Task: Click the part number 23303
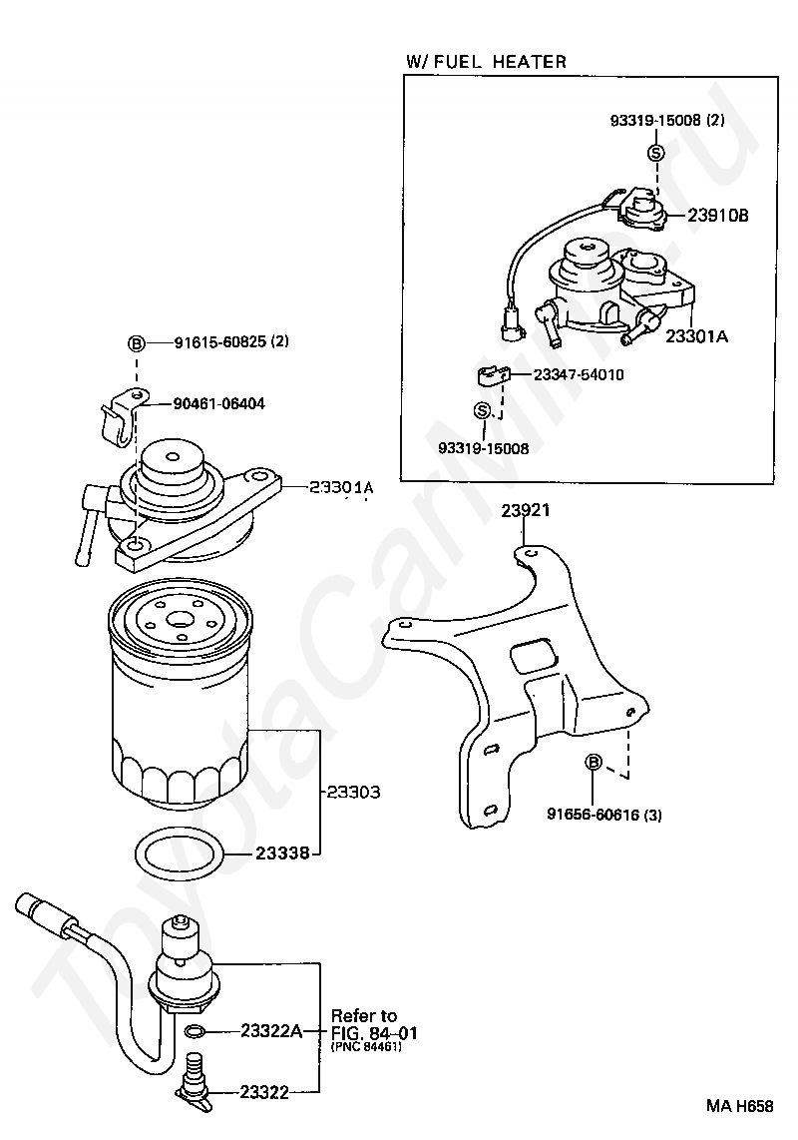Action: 353,792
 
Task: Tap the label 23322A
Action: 271,1030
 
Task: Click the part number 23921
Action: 526,510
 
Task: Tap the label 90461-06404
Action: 218,403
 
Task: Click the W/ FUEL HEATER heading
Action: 486,61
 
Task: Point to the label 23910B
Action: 717,216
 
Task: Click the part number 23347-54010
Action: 579,375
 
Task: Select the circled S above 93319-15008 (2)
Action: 655,152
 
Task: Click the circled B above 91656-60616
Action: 594,762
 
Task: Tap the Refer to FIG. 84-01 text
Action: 374,1023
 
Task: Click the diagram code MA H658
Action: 740,1106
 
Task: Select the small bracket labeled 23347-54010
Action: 492,376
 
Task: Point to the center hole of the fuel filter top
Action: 179,620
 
